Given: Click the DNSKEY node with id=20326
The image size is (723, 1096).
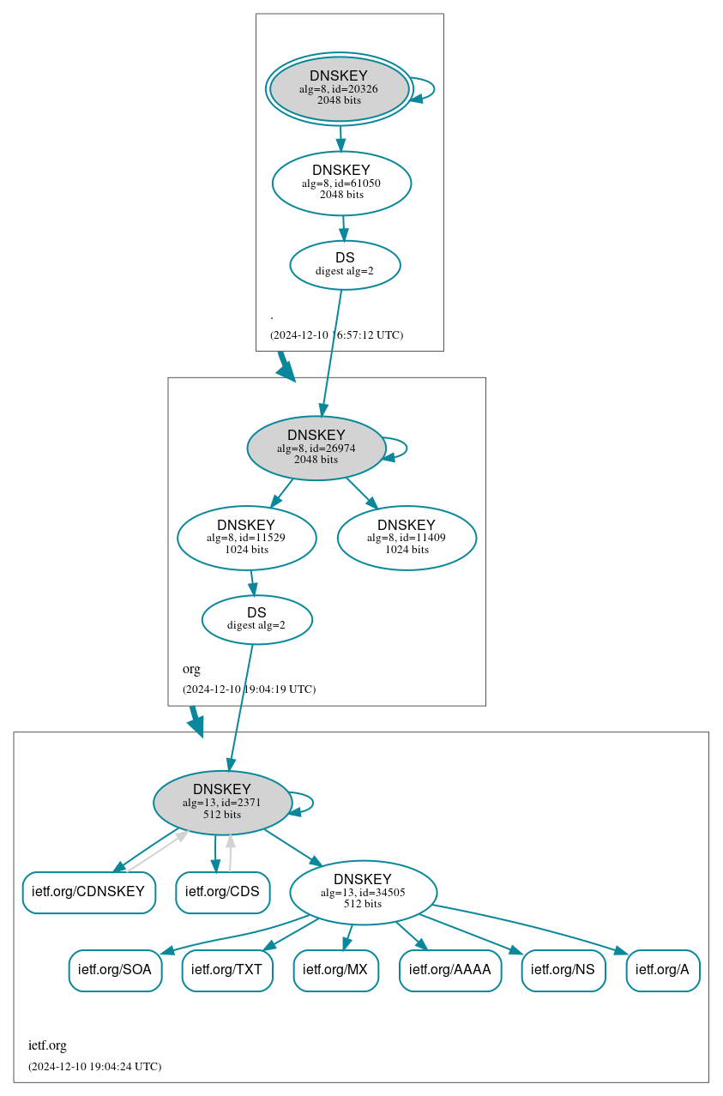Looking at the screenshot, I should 339,89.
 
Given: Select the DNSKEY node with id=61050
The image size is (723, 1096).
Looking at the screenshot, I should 341,183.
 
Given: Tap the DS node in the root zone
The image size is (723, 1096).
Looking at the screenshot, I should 345,265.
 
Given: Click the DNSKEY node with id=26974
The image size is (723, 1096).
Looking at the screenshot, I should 316,448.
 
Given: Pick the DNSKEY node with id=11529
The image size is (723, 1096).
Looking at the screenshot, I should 246,538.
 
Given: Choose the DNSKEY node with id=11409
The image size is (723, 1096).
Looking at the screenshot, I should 407,538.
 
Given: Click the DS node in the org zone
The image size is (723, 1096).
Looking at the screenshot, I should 256,619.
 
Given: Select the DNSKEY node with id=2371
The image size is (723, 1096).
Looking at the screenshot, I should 222,803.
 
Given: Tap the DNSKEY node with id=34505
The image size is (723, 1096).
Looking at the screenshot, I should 363,892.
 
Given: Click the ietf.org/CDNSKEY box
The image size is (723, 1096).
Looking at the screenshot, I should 88,892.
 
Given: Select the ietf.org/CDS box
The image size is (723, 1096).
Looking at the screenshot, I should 222,892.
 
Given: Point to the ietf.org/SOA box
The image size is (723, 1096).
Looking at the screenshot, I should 115,970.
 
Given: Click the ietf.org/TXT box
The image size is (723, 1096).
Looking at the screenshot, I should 227,970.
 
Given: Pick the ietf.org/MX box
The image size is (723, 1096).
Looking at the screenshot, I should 335,970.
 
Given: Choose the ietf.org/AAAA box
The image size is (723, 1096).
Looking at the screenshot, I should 449,970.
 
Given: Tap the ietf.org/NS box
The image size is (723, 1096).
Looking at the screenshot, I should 563,970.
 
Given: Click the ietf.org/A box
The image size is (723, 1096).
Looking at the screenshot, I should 662,970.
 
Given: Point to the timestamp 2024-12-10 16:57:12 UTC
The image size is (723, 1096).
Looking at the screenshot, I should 336,335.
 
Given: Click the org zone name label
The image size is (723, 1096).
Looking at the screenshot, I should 191,669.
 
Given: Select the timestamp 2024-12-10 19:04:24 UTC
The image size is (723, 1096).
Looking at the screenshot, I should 94,1067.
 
